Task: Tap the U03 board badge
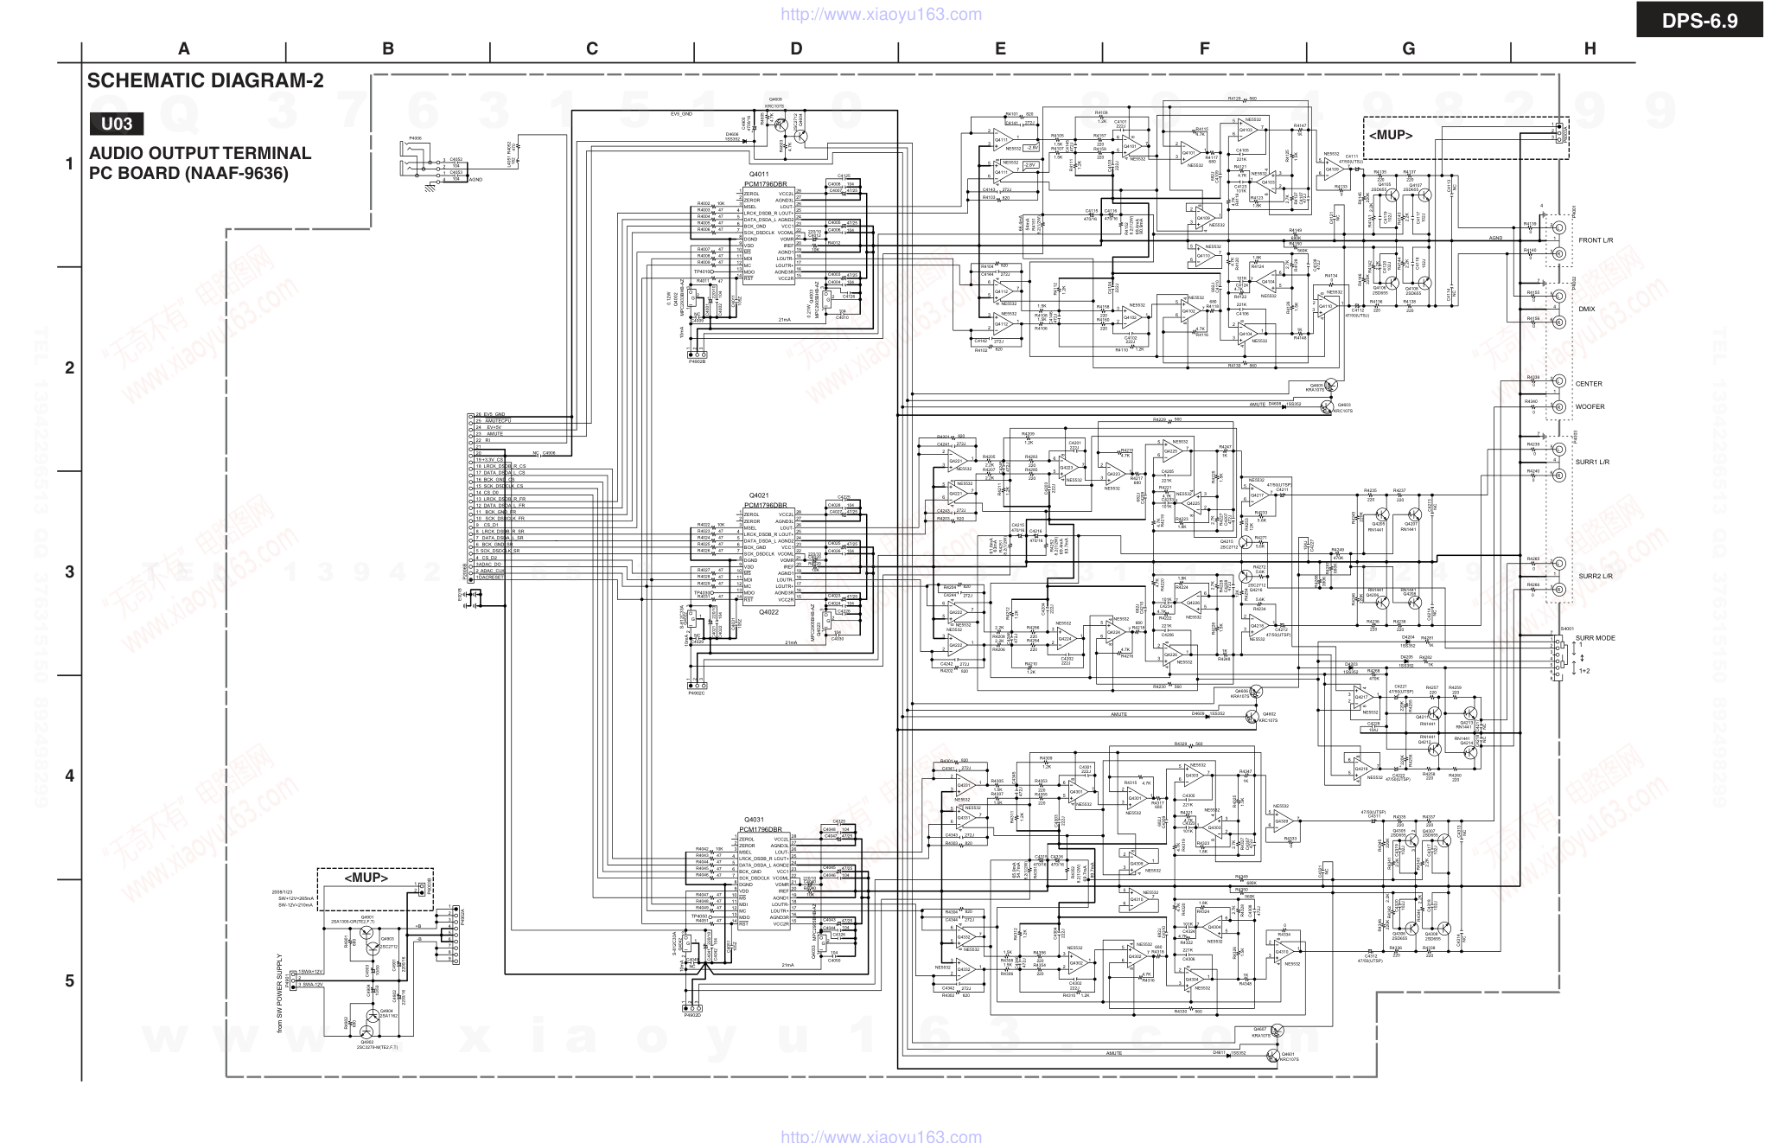click(x=117, y=124)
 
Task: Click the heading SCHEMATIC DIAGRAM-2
click(x=206, y=81)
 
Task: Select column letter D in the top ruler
click(x=796, y=49)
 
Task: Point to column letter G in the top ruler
click(x=1409, y=49)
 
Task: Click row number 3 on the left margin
click(x=70, y=572)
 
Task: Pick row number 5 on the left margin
click(x=70, y=981)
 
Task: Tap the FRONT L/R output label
click(x=1596, y=240)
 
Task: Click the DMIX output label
click(x=1587, y=309)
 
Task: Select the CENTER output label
click(x=1589, y=384)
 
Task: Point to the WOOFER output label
click(x=1590, y=407)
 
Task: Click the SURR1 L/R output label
click(x=1593, y=463)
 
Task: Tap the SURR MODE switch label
click(x=1596, y=639)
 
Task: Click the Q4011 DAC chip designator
click(x=760, y=174)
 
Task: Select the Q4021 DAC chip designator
click(x=760, y=495)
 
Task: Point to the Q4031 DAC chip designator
click(x=755, y=820)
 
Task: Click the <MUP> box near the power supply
click(x=366, y=878)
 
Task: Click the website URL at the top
click(x=881, y=15)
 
